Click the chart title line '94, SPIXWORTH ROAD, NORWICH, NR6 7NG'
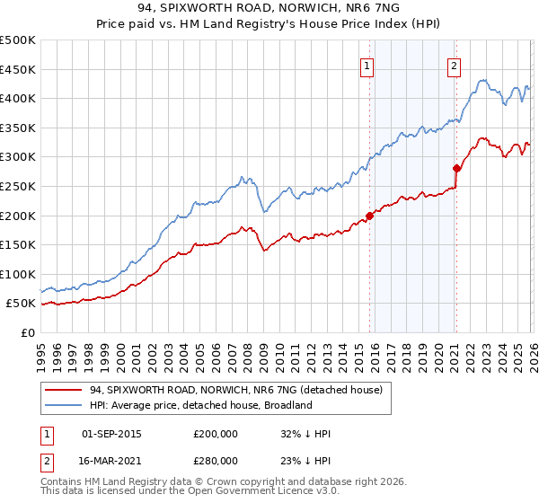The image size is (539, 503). tap(269, 10)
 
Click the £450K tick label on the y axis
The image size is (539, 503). tap(18, 69)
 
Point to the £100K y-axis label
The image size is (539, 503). tap(18, 274)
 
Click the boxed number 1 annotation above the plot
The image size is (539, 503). tap(368, 65)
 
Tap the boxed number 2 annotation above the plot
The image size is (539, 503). tap(455, 65)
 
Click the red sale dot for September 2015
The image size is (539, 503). tap(369, 216)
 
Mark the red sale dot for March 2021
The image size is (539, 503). tap(456, 168)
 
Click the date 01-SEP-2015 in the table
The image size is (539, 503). tap(111, 434)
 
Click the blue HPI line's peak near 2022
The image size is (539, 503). tap(482, 80)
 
